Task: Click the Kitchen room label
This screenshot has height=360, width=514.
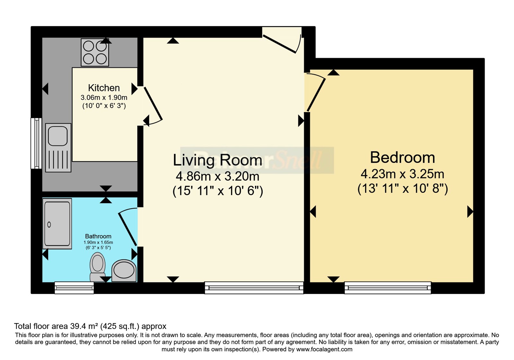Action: coord(104,88)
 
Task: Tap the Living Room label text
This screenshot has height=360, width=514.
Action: coord(217,160)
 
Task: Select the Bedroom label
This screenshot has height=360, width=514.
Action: coord(403,157)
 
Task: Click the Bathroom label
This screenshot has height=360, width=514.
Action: coord(98,236)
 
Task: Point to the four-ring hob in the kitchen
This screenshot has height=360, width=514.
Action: coord(95,52)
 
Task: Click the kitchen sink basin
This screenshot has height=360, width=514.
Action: coord(58,136)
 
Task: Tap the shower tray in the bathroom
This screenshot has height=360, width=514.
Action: coord(57,224)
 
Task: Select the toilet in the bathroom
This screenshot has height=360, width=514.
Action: coord(98,267)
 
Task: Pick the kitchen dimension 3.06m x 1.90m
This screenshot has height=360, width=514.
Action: coord(104,98)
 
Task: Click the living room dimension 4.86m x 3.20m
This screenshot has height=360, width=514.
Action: coord(217,176)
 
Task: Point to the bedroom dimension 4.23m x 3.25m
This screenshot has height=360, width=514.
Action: coord(403,174)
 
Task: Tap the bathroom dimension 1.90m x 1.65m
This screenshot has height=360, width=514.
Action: coord(98,242)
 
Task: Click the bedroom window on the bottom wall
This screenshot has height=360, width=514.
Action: coord(388,288)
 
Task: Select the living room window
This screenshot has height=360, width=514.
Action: coord(254,288)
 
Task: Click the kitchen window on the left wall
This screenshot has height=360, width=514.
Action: coord(36,143)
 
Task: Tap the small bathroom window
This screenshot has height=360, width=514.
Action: coord(74,288)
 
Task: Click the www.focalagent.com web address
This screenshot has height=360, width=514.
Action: coord(324,349)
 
